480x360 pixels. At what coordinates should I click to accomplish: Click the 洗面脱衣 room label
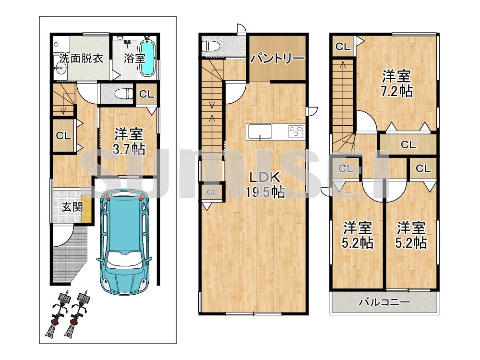pyautogui.click(x=81, y=58)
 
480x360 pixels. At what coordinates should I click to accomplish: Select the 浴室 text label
pyautogui.click(x=134, y=58)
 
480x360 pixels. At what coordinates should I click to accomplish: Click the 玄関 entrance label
pyautogui.click(x=72, y=207)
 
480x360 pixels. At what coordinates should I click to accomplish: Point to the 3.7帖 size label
pyautogui.click(x=129, y=149)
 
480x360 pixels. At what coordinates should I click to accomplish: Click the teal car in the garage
pyautogui.click(x=124, y=242)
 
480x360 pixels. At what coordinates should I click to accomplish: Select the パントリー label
pyautogui.click(x=277, y=58)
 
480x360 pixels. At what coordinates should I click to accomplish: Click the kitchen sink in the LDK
pyautogui.click(x=260, y=132)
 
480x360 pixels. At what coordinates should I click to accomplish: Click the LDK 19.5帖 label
pyautogui.click(x=265, y=185)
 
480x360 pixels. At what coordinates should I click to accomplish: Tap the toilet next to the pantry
pyautogui.click(x=211, y=46)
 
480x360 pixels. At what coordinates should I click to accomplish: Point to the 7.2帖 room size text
pyautogui.click(x=396, y=91)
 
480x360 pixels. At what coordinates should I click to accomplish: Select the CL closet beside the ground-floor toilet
pyautogui.click(x=146, y=94)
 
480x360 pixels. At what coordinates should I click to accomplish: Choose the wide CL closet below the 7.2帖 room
pyautogui.click(x=408, y=144)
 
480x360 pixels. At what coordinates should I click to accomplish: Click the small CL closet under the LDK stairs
pyautogui.click(x=212, y=192)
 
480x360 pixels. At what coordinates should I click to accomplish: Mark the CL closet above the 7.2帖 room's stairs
pyautogui.click(x=343, y=47)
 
